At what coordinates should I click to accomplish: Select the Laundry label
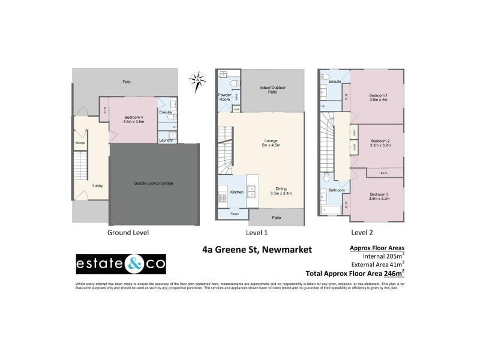coord(166,140)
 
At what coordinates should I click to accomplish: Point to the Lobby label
coord(97,185)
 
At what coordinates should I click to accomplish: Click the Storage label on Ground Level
coord(80,143)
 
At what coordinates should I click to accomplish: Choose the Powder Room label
coord(224,97)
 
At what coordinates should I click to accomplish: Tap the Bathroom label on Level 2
coord(336,190)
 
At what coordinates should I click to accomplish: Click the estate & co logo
coord(121,264)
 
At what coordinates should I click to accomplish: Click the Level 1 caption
coord(257,232)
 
